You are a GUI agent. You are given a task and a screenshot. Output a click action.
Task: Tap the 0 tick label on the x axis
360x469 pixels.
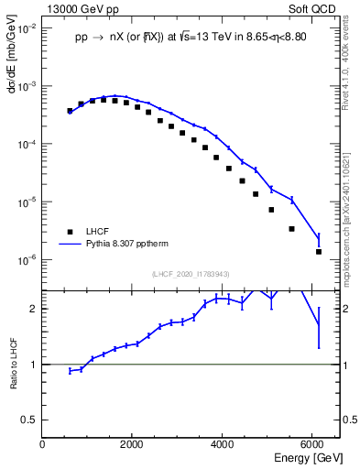click(43, 444)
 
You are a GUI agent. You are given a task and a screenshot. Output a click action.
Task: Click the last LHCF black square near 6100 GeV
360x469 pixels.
click(319, 251)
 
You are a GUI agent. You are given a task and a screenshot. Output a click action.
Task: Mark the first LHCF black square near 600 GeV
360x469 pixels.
click(70, 111)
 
